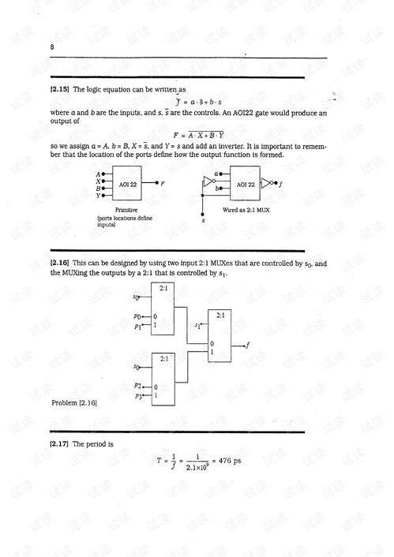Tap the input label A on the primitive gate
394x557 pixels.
[97, 174]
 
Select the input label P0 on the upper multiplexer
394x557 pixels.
[138, 316]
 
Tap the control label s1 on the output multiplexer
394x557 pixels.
[197, 324]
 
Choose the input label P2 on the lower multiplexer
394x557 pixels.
[138, 386]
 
